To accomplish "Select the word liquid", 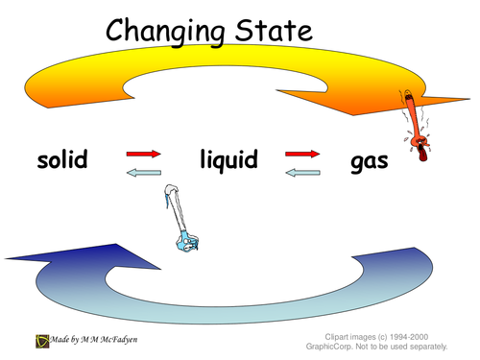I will [x=228, y=159].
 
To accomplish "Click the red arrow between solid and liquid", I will [x=142, y=152].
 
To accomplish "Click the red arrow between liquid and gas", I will [x=301, y=152].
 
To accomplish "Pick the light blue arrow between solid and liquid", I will [x=142, y=172].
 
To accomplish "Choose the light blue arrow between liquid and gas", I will [x=301, y=173].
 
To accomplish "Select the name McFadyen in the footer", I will [x=127, y=339].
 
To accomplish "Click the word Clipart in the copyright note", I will [x=324, y=335].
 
